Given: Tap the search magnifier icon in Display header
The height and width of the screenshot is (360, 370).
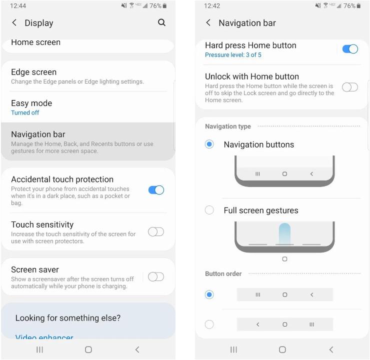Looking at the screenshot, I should coord(161,22).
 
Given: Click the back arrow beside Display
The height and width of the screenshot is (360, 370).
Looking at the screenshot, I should coord(14,22).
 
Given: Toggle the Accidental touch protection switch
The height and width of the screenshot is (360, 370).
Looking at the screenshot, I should coord(156,190).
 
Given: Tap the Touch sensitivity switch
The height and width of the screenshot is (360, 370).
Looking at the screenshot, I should coord(156,232).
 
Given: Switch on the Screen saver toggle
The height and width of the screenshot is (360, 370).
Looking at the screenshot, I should coord(156,277).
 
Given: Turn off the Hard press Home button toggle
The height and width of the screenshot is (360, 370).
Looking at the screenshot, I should coord(350,49).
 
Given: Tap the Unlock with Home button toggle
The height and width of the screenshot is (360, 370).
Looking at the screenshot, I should coord(350,87).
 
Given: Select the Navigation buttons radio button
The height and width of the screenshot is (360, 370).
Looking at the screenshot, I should coord(209,144).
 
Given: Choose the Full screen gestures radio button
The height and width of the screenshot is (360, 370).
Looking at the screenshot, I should coord(209,210).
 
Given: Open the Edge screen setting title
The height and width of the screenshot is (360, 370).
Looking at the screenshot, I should coord(34,72).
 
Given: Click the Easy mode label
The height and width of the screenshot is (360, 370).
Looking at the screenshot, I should coord(31,103).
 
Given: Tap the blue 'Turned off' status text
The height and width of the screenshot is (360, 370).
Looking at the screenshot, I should coord(25,113).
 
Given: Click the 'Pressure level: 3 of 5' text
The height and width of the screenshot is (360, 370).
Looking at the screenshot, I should coord(233,55).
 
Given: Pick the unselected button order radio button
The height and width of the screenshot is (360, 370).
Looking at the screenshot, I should coord(209,324).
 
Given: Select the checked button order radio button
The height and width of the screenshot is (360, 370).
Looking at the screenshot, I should coord(209,294).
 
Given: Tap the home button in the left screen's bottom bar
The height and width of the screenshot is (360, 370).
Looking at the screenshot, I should coord(88,350).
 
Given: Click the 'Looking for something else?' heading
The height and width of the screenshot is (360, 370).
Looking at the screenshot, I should coord(68,318).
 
